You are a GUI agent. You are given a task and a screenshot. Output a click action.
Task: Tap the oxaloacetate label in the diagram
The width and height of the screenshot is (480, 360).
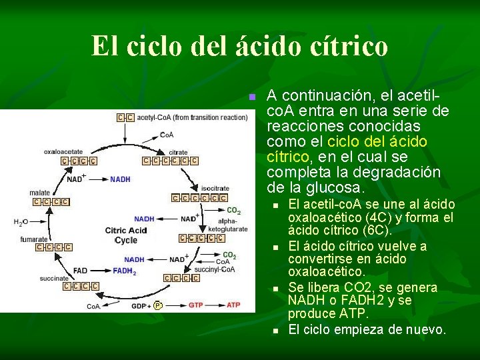pyautogui.click(x=63, y=152)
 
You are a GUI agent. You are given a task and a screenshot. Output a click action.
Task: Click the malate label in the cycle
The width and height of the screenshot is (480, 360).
pyautogui.click(x=39, y=193)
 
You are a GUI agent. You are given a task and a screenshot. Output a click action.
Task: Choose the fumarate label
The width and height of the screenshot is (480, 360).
pyautogui.click(x=34, y=239)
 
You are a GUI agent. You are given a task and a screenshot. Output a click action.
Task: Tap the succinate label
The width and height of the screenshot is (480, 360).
pyautogui.click(x=53, y=278)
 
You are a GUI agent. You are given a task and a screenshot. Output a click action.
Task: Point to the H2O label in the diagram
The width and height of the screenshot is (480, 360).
pyautogui.click(x=22, y=223)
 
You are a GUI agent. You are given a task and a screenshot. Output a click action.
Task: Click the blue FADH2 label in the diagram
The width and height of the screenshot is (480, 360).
pyautogui.click(x=124, y=271)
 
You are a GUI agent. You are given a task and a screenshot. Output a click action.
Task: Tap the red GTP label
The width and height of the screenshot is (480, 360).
pyautogui.click(x=195, y=305)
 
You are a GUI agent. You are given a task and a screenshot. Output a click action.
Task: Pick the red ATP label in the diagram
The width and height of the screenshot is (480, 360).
pyautogui.click(x=233, y=305)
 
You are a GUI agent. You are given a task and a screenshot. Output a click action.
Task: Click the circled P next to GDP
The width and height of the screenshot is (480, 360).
pyautogui.click(x=157, y=305)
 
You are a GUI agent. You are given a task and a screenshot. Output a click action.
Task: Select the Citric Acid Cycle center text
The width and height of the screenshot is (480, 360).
pyautogui.click(x=125, y=235)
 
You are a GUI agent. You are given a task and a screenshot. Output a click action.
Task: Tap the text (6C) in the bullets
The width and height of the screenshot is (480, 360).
pyautogui.click(x=375, y=231)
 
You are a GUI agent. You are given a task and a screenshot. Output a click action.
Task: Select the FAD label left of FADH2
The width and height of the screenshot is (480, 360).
pyautogui.click(x=80, y=271)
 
